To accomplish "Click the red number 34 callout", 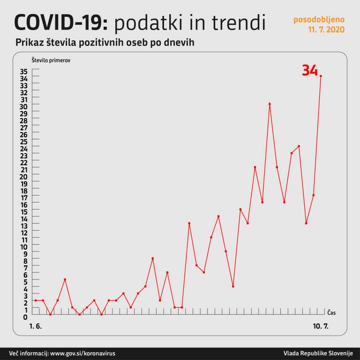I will [x=309, y=70].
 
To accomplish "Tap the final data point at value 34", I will [x=321, y=76].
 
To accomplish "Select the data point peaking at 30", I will [x=270, y=104].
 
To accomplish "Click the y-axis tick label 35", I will [x=23, y=72].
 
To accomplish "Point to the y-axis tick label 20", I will [x=23, y=177].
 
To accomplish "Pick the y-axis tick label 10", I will [x=23, y=247].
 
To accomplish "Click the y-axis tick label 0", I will [x=25, y=317].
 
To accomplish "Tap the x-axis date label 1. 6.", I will [x=36, y=326].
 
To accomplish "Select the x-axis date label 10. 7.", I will [x=320, y=326].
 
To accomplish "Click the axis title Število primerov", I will [x=52, y=60].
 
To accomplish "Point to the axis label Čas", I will [x=331, y=313].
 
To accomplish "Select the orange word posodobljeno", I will [x=319, y=20].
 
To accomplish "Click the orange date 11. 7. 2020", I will [x=326, y=30].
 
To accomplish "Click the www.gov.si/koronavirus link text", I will [x=82, y=353].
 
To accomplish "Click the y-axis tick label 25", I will [x=23, y=142].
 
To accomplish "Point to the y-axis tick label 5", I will [x=25, y=282].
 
